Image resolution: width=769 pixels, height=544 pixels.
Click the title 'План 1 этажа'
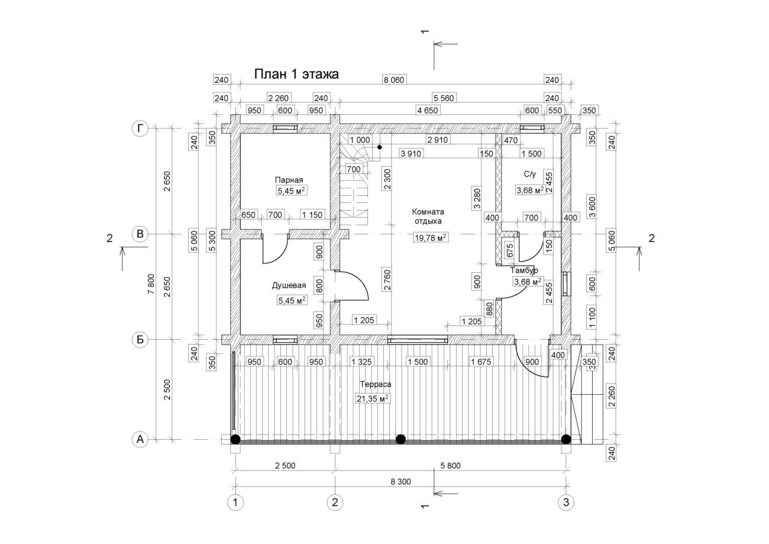tap(296, 74)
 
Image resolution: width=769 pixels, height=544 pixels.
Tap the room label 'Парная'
tap(289, 180)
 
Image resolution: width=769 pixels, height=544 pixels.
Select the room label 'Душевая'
tap(289, 285)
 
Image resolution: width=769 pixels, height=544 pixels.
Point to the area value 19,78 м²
tap(431, 237)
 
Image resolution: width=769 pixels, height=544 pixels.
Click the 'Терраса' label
tap(376, 384)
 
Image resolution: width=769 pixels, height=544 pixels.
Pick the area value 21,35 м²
tap(373, 399)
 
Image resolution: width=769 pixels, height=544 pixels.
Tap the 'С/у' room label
tap(529, 175)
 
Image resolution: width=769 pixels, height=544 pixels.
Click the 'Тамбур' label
tap(524, 271)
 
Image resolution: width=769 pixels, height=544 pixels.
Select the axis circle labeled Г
tap(140, 128)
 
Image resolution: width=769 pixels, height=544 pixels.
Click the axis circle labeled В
tap(140, 234)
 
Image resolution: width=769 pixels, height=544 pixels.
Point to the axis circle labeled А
tap(140, 439)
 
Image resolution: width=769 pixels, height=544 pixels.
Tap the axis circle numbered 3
tap(566, 503)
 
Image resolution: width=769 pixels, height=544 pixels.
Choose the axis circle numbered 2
tap(335, 503)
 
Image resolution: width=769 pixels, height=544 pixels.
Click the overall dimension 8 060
tap(394, 80)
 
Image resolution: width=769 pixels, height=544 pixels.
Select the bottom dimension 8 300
tap(400, 482)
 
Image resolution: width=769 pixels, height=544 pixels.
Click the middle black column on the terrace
tap(400, 439)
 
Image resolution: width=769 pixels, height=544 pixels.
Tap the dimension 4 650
tap(428, 111)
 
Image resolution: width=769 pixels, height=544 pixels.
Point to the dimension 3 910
tap(411, 153)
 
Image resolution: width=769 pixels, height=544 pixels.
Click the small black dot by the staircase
tap(380, 147)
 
